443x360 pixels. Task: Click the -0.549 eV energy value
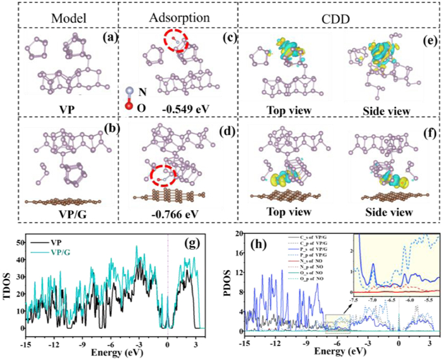pos(174,109)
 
